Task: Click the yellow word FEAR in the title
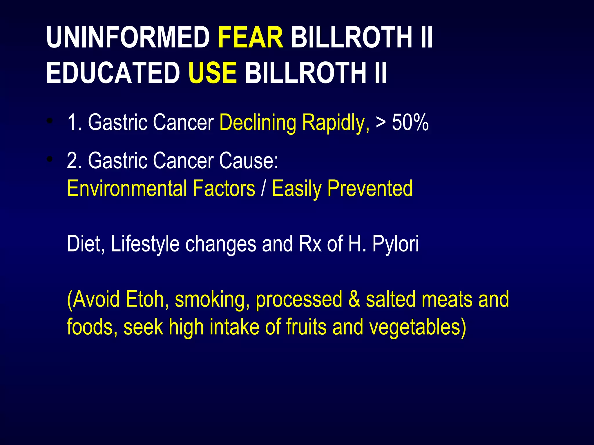[x=251, y=38]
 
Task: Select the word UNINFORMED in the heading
[x=128, y=38]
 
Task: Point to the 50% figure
[x=410, y=123]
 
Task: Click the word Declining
[x=258, y=123]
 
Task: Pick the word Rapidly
[x=336, y=123]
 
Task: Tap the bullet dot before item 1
[x=50, y=121]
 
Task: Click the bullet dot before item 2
[x=50, y=159]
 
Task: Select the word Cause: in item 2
[x=249, y=161]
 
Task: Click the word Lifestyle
[x=145, y=244]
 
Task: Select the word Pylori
[x=396, y=244]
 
